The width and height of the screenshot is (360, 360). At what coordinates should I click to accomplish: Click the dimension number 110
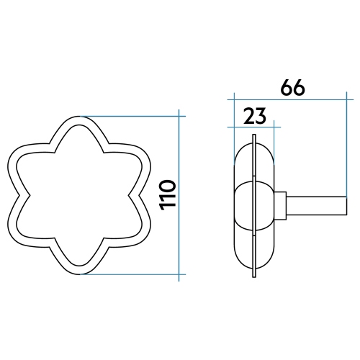[167, 194]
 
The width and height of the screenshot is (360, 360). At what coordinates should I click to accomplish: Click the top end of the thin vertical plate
[254, 138]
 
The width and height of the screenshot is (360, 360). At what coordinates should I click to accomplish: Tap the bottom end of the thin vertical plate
[254, 273]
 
